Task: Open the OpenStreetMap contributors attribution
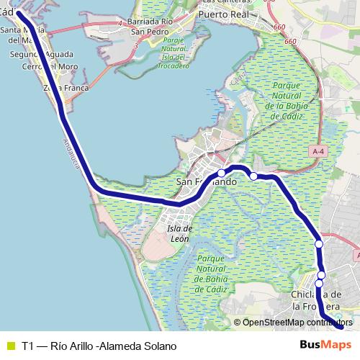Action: point(295,322)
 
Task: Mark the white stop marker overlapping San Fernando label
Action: point(222,173)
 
